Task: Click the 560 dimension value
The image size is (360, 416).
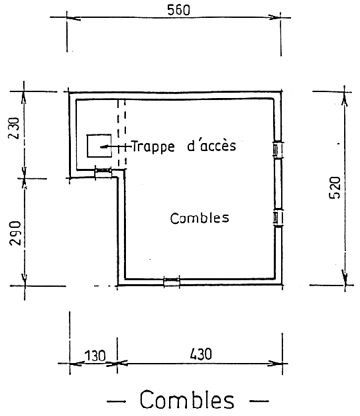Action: click(x=178, y=10)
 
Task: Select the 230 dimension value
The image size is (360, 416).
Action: click(x=14, y=128)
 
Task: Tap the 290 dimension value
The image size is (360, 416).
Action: click(x=15, y=233)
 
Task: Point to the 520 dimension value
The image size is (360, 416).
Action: click(x=335, y=187)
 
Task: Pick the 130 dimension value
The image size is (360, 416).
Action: click(x=95, y=356)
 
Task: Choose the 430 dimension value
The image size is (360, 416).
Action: click(x=201, y=354)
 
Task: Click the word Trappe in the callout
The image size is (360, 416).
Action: click(x=153, y=146)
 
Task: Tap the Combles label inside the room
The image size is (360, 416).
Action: click(x=200, y=218)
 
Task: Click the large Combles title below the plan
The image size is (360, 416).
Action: click(x=187, y=399)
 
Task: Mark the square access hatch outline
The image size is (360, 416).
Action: click(x=99, y=134)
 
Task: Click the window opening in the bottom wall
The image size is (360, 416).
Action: click(x=172, y=282)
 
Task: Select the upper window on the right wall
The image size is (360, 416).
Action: click(x=278, y=149)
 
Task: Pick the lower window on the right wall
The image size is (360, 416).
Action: click(x=278, y=218)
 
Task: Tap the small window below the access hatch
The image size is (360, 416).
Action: click(x=103, y=172)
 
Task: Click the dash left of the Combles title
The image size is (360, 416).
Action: click(x=116, y=401)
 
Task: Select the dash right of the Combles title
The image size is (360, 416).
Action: click(x=259, y=401)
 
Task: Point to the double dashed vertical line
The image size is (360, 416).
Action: click(x=121, y=134)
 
